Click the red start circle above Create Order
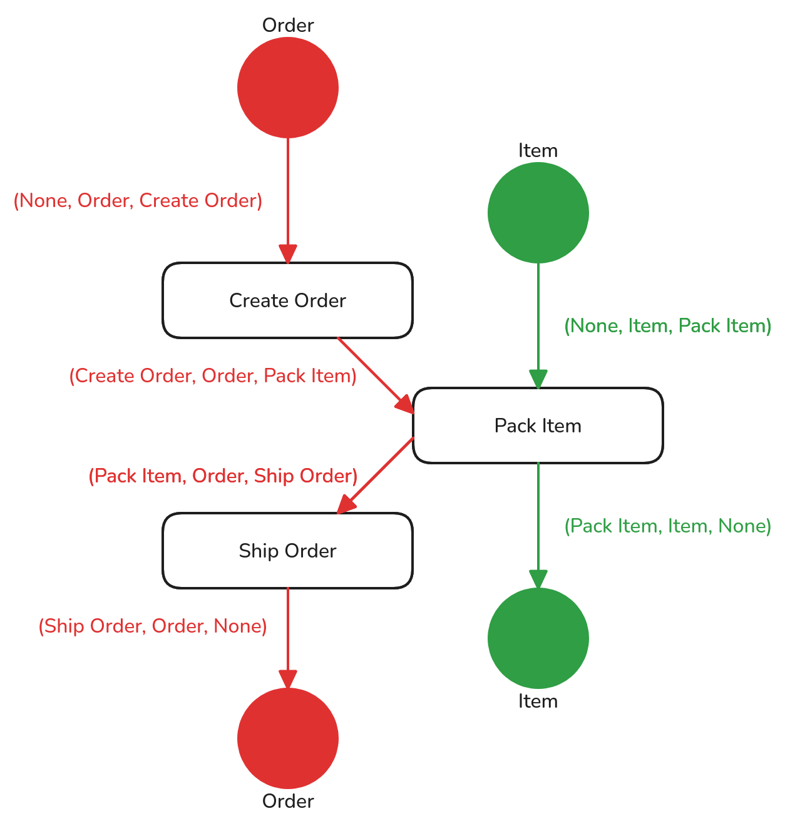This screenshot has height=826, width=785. (288, 88)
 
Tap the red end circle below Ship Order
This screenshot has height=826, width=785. (288, 738)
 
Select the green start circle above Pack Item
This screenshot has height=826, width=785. (538, 213)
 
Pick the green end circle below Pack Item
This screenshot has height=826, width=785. (538, 638)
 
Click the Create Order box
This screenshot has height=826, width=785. (288, 300)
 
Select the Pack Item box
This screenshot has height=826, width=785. (538, 426)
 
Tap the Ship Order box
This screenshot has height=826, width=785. (288, 551)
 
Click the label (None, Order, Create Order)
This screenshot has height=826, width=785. (138, 201)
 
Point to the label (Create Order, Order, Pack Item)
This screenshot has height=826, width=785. (213, 376)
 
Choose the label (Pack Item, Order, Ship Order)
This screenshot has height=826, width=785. (223, 476)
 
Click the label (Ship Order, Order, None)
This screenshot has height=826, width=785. (153, 626)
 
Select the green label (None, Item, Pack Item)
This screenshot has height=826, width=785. (668, 326)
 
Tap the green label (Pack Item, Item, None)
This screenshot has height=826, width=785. (668, 526)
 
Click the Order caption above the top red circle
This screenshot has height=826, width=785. (288, 26)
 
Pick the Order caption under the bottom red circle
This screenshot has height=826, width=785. (288, 802)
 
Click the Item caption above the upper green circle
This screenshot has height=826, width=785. (538, 151)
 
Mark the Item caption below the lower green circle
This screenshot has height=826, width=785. (538, 701)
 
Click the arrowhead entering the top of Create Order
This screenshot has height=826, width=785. (288, 254)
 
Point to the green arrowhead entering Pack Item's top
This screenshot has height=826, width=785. (538, 379)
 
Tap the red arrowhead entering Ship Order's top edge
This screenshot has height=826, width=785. (346, 505)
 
